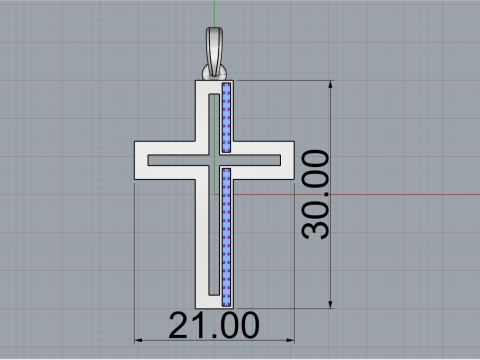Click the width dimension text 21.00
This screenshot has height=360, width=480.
pos(214,325)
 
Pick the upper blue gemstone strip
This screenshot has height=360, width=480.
pos(227,118)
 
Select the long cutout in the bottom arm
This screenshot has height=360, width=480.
pos(213,240)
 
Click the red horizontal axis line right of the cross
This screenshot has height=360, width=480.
pos(400,194)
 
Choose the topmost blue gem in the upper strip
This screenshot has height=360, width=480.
pos(227,88)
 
